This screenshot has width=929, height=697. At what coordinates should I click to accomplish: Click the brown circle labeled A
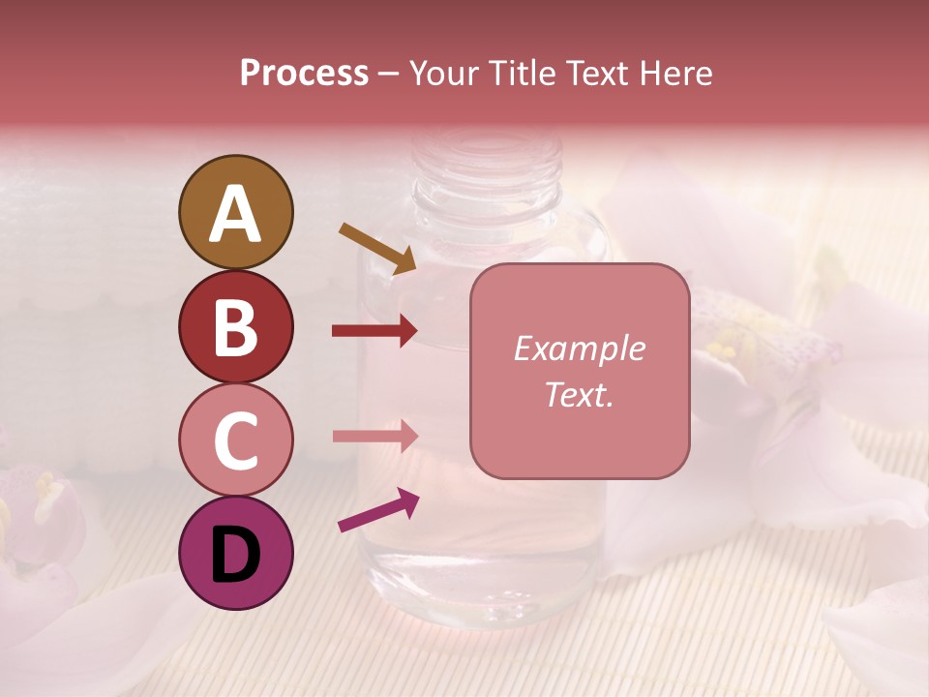point(235,213)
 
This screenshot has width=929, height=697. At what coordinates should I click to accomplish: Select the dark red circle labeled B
point(235,326)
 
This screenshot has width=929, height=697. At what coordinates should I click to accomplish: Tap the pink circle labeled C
point(235,439)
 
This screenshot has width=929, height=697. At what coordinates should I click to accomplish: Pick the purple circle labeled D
point(235,553)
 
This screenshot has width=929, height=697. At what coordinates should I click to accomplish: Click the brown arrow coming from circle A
point(377,247)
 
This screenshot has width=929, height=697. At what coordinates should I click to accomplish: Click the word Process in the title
point(304,73)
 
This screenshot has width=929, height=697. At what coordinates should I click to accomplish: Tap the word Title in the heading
point(523,73)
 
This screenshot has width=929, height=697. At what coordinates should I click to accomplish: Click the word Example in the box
point(579,348)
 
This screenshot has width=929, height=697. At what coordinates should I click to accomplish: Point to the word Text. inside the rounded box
point(579,394)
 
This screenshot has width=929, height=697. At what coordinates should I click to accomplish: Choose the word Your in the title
point(445,73)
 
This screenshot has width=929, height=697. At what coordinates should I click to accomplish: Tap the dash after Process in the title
point(389,74)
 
